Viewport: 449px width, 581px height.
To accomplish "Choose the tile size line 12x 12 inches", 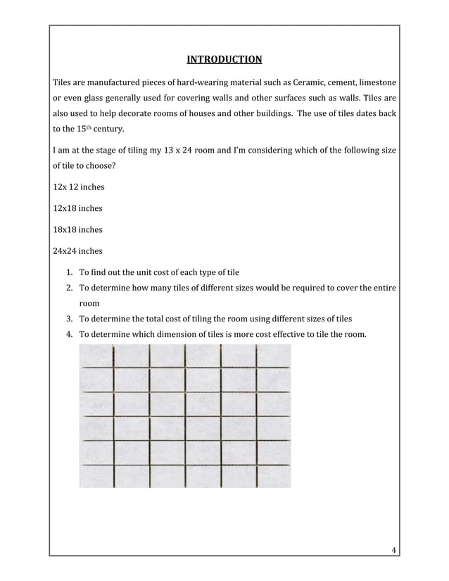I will (73, 188).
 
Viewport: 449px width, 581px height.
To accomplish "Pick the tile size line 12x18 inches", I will (72, 209).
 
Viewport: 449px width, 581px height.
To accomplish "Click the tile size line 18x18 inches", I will (72, 229).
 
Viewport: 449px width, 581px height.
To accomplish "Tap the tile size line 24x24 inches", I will (72, 250).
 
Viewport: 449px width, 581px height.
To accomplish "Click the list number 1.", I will (70, 272).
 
